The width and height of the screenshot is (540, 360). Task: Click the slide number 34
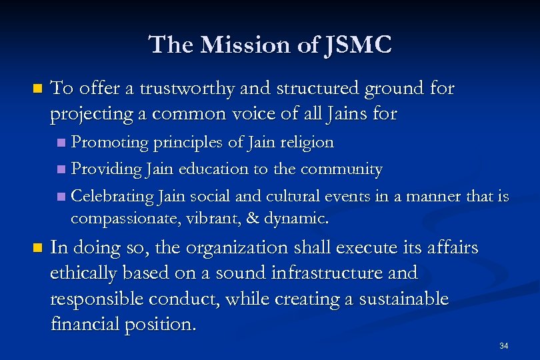[503, 346]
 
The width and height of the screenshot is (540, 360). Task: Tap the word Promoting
[109, 143]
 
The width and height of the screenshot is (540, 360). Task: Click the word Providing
[105, 169]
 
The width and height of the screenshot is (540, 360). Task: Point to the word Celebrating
[113, 196]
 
